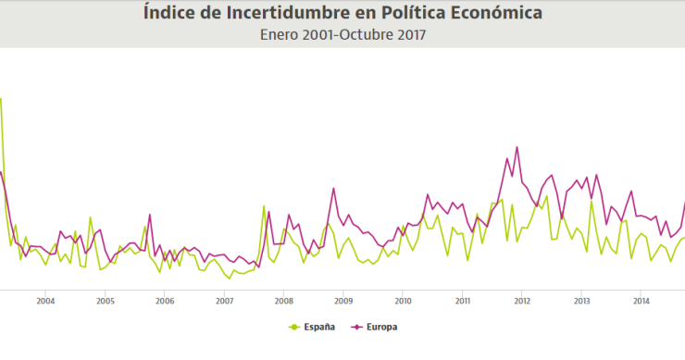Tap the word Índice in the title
(172, 13)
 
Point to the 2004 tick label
(45, 301)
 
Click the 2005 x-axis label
(105, 301)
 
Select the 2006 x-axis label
(165, 301)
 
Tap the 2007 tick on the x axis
(224, 301)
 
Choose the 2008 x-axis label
(284, 301)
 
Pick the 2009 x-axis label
(343, 301)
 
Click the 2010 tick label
(403, 301)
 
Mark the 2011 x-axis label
(463, 301)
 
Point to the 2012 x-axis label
(522, 301)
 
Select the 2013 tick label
(582, 301)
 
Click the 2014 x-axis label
(641, 301)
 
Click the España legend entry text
(318, 327)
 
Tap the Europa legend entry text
(381, 327)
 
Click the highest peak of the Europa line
(517, 147)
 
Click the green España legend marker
(295, 327)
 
